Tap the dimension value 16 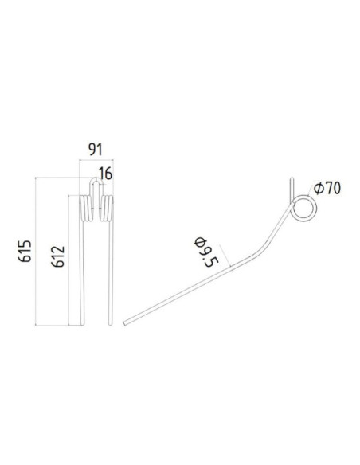[x=105, y=174]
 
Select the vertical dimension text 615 [x=25, y=251]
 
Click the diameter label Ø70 [x=327, y=189]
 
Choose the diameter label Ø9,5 [x=208, y=249]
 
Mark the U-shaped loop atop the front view [x=95, y=188]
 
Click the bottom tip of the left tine [x=84, y=322]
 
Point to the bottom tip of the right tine [x=108, y=322]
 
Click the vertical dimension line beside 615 [x=37, y=251]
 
